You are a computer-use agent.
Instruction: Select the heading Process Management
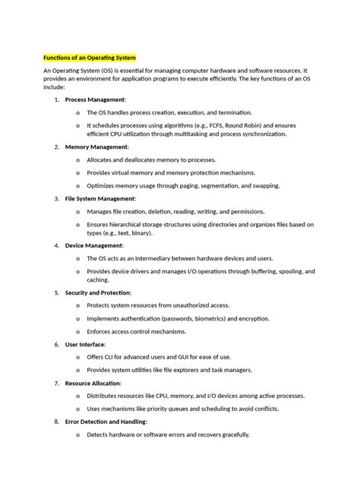(x=95, y=99)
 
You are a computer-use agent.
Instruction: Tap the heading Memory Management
(x=96, y=147)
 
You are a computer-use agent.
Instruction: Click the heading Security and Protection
(x=98, y=292)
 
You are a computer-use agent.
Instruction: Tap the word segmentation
(x=223, y=185)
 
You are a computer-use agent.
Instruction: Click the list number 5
(x=56, y=292)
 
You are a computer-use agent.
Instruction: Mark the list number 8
(x=56, y=421)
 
